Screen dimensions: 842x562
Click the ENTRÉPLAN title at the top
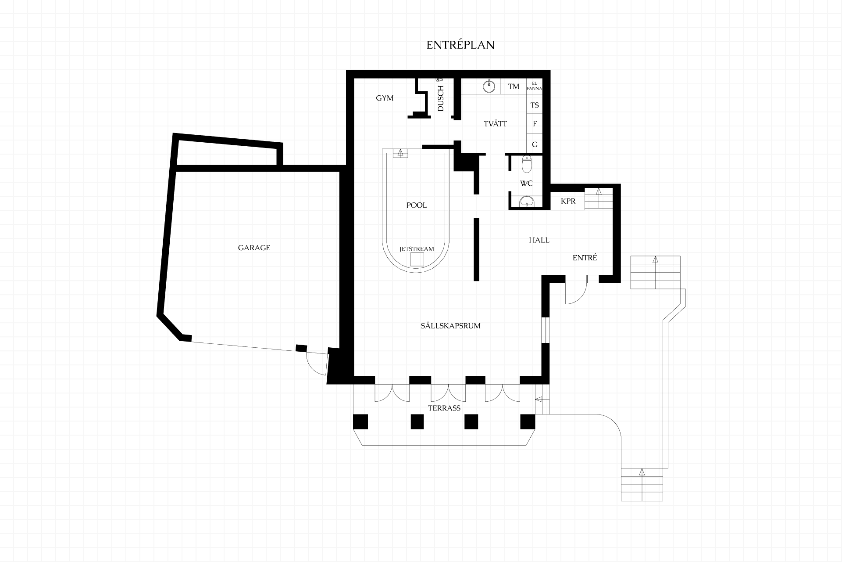pos(460,45)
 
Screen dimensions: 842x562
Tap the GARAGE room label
pos(254,248)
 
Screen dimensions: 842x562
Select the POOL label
pos(417,205)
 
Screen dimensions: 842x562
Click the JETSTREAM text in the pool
pos(417,249)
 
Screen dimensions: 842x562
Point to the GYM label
pos(385,98)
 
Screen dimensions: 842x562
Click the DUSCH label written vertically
pos(441,98)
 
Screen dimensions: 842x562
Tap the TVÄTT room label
pos(495,124)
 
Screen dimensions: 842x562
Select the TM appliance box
pos(514,86)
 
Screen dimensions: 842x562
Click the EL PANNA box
pos(534,86)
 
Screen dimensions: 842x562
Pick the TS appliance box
pos(534,105)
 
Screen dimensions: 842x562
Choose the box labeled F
pos(534,124)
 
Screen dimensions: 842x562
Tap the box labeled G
pos(534,144)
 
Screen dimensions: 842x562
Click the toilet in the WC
pos(527,164)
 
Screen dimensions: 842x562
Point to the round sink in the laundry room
pos(489,86)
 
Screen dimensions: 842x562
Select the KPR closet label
pos(568,201)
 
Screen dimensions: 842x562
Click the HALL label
pos(539,240)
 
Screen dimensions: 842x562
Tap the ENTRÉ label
pos(585,258)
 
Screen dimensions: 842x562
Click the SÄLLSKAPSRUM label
pos(450,325)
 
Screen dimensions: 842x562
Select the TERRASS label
pos(444,408)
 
